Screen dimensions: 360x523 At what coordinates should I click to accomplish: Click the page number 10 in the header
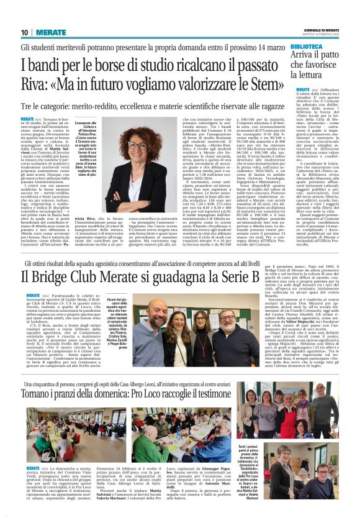coord(25,32)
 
